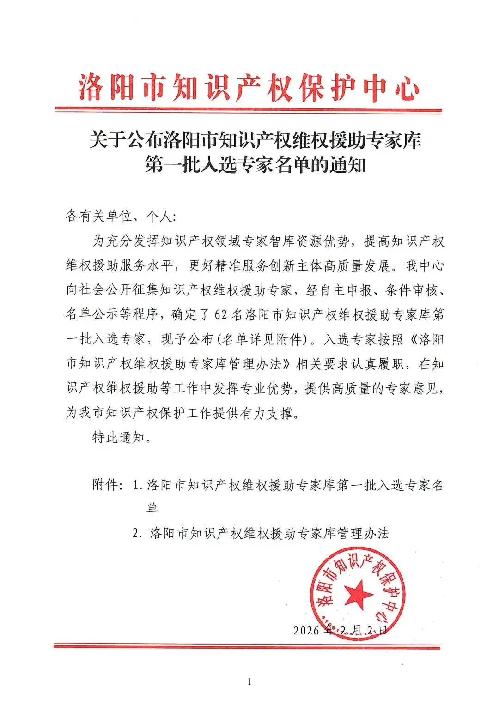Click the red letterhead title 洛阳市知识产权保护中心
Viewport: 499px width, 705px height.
pyautogui.click(x=249, y=87)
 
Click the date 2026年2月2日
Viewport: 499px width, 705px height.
pyautogui.click(x=340, y=630)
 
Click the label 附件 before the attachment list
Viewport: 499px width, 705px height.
pyautogui.click(x=108, y=485)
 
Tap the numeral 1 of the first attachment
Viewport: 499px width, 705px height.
pyautogui.click(x=136, y=486)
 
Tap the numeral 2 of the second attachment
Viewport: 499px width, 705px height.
pyautogui.click(x=136, y=534)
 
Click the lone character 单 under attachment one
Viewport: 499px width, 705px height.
pyautogui.click(x=152, y=509)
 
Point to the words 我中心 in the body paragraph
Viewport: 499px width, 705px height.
pyautogui.click(x=424, y=266)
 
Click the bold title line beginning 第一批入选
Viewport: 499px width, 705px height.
pyautogui.click(x=256, y=165)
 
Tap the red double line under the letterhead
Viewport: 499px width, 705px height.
pyautogui.click(x=249, y=110)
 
